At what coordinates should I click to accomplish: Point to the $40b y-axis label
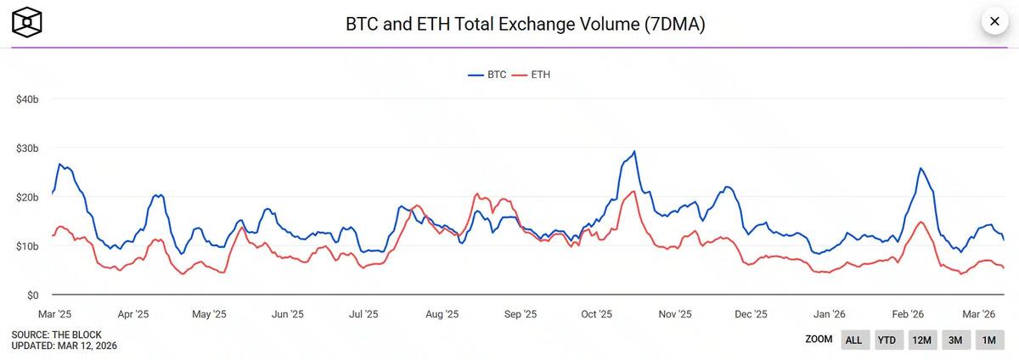pyautogui.click(x=27, y=99)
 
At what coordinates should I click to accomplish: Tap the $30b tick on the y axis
pyautogui.click(x=27, y=149)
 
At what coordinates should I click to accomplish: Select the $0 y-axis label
pyautogui.click(x=31, y=295)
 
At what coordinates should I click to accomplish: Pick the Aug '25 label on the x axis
pyautogui.click(x=441, y=314)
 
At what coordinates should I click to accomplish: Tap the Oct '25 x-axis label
pyautogui.click(x=596, y=314)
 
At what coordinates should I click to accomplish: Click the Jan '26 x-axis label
pyautogui.click(x=828, y=314)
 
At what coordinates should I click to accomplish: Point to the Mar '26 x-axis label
pyautogui.click(x=977, y=314)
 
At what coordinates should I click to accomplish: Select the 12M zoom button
pyautogui.click(x=921, y=340)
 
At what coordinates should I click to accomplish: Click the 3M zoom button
pyautogui.click(x=955, y=340)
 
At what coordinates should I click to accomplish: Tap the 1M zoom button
pyautogui.click(x=989, y=340)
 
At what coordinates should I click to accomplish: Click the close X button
pyautogui.click(x=994, y=21)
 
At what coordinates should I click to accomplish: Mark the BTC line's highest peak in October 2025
pyautogui.click(x=633, y=152)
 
